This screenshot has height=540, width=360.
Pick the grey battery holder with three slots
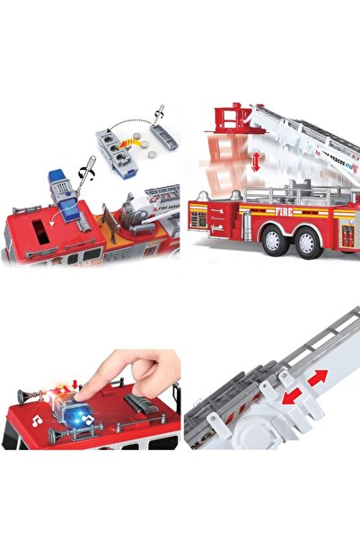(116, 148)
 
